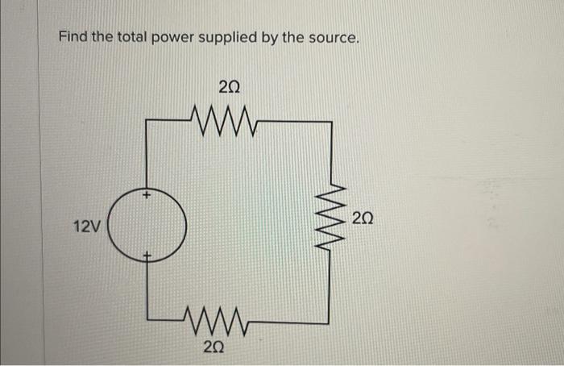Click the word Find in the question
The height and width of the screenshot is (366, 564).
point(73,38)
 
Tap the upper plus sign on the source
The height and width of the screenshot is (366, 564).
point(147,195)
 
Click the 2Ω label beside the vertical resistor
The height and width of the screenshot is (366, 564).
point(363,218)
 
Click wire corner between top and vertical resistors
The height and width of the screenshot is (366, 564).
point(330,122)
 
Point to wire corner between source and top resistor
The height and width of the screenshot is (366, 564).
point(147,121)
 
